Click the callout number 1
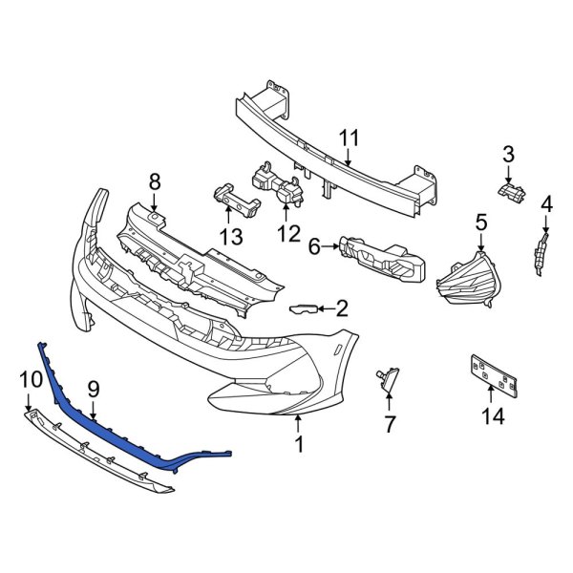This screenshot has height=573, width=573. [299, 444]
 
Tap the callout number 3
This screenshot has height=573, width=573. [509, 154]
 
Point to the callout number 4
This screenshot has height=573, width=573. [546, 203]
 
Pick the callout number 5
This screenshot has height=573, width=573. [481, 223]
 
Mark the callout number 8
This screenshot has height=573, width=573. [155, 181]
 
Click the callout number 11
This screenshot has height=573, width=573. [350, 139]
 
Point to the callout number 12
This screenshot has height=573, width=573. [287, 232]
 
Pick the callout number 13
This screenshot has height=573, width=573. [230, 236]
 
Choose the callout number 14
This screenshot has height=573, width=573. [493, 416]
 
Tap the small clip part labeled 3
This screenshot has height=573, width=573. [512, 192]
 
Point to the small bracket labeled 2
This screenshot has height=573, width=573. [304, 308]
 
